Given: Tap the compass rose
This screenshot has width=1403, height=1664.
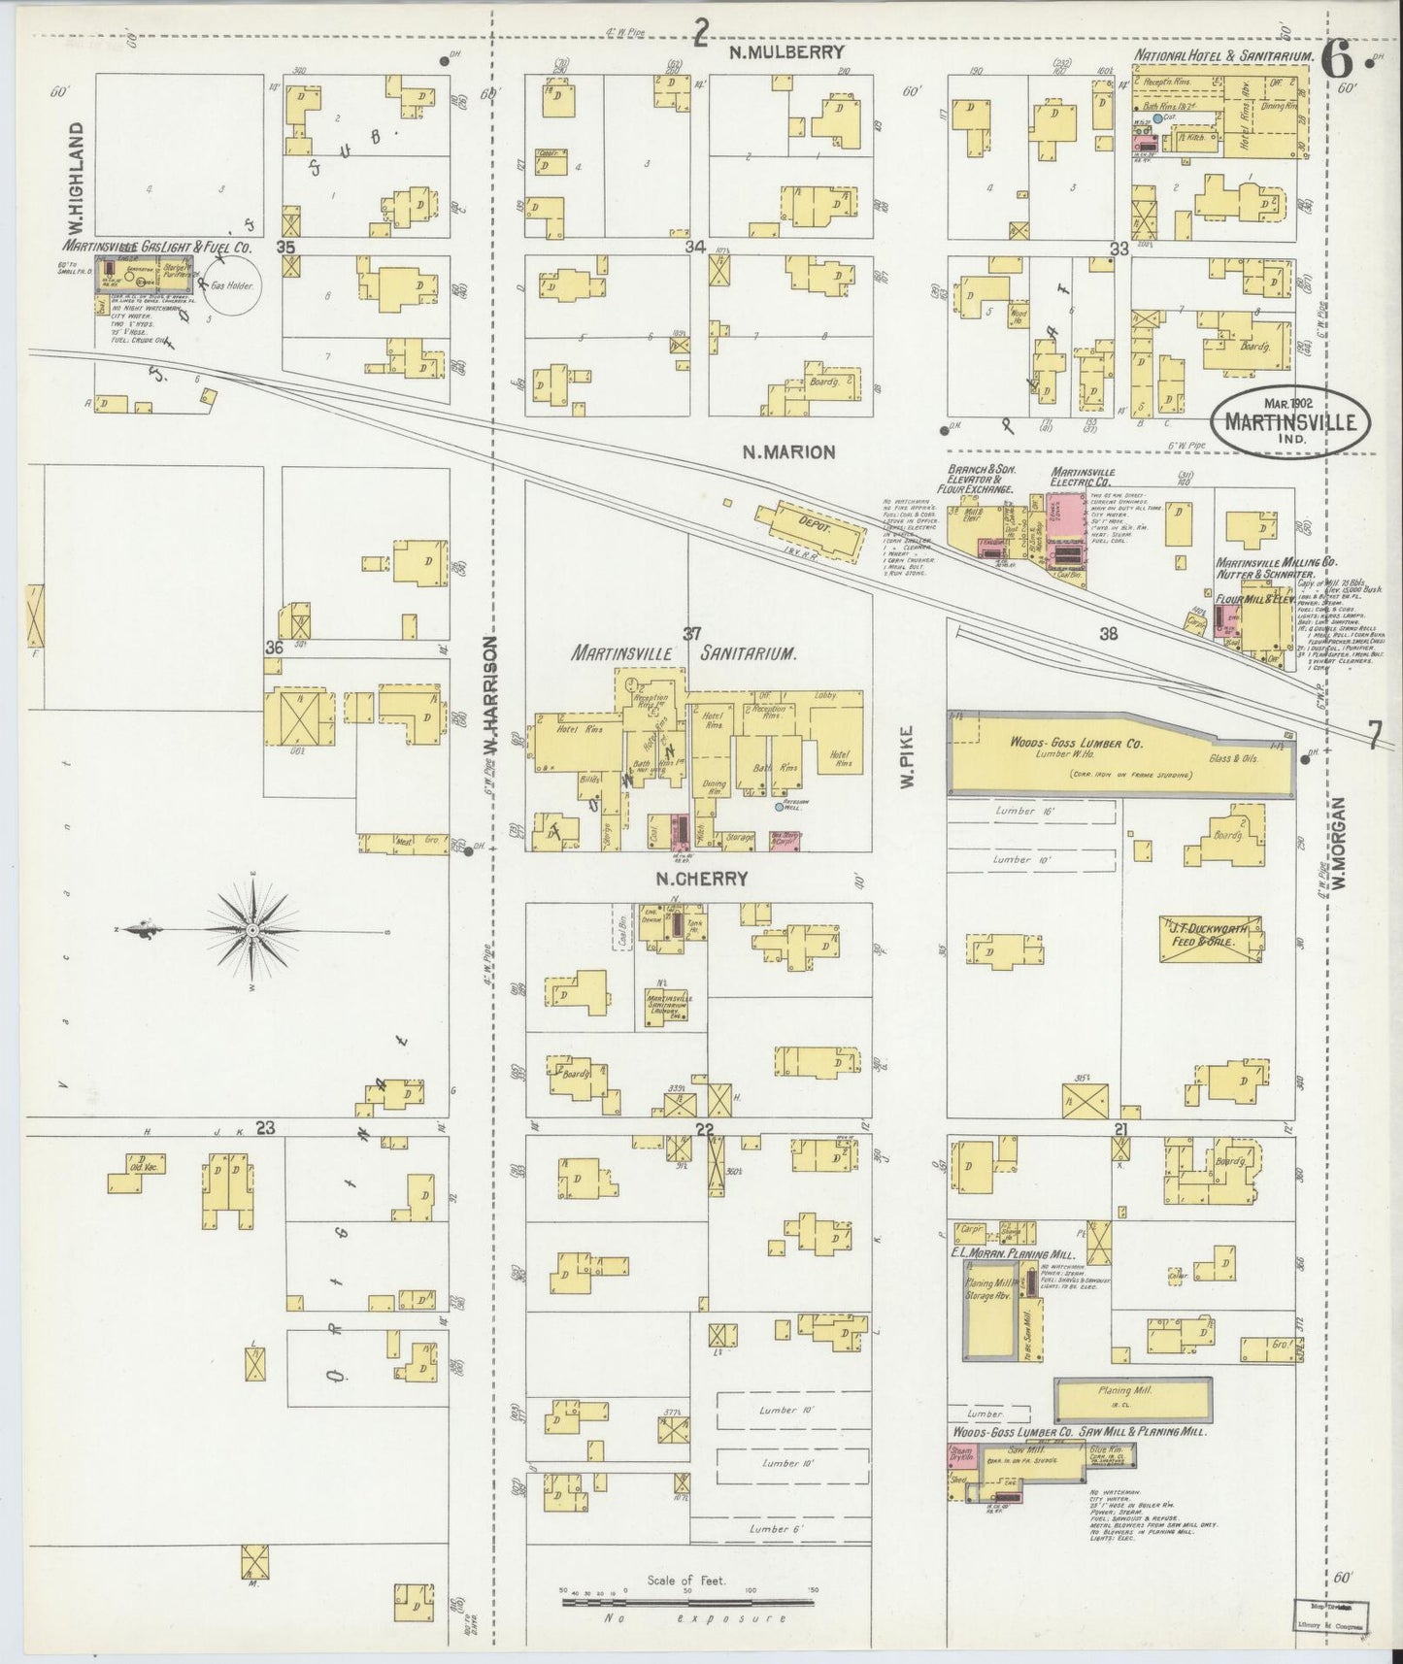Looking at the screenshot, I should point(252,930).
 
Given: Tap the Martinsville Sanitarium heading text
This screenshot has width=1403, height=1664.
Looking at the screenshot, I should point(685,654).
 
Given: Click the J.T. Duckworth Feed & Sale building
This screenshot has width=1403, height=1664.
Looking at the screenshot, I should point(1211,938).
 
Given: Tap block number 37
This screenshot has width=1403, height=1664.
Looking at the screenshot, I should point(691,634).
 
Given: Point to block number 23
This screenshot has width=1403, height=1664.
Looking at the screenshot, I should point(266,1127).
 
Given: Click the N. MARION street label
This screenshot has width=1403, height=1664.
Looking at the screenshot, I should point(788,451).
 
